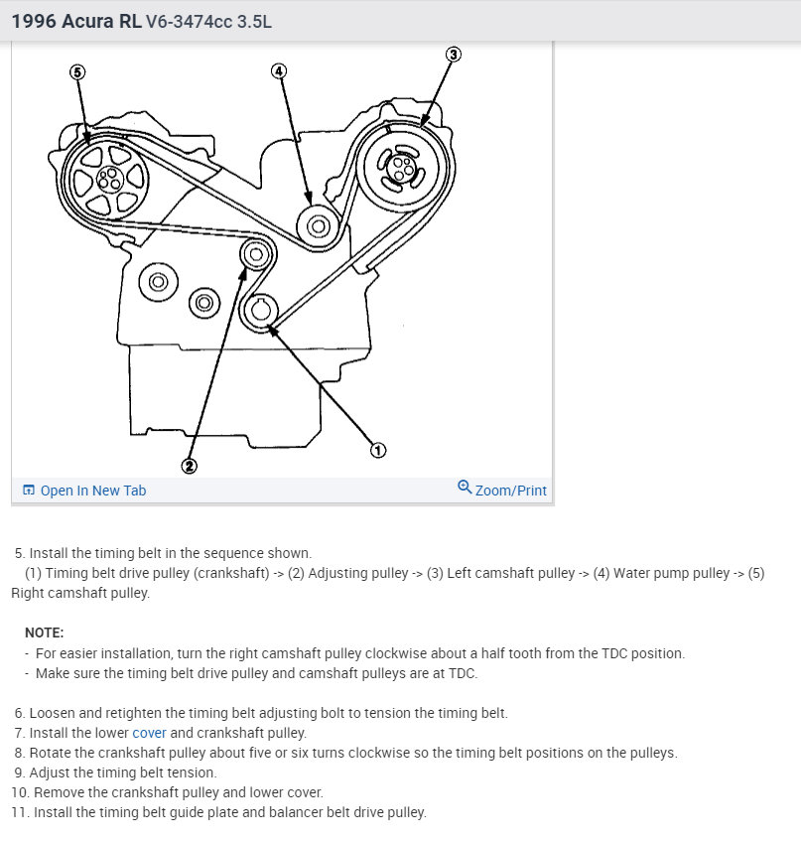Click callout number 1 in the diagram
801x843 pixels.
(x=377, y=451)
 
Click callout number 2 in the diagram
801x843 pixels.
(x=189, y=465)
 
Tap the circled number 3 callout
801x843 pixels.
(x=453, y=55)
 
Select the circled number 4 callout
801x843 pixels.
(x=279, y=70)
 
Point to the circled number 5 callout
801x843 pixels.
(x=78, y=71)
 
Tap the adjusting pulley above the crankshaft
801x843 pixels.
(x=256, y=255)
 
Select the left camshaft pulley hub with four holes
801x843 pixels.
(x=400, y=168)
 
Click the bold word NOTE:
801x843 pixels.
(x=44, y=632)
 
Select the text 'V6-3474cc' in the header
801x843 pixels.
(x=189, y=21)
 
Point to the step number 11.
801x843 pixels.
(x=19, y=812)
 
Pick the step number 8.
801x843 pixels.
(x=21, y=753)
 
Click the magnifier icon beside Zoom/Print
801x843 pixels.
(x=465, y=488)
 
